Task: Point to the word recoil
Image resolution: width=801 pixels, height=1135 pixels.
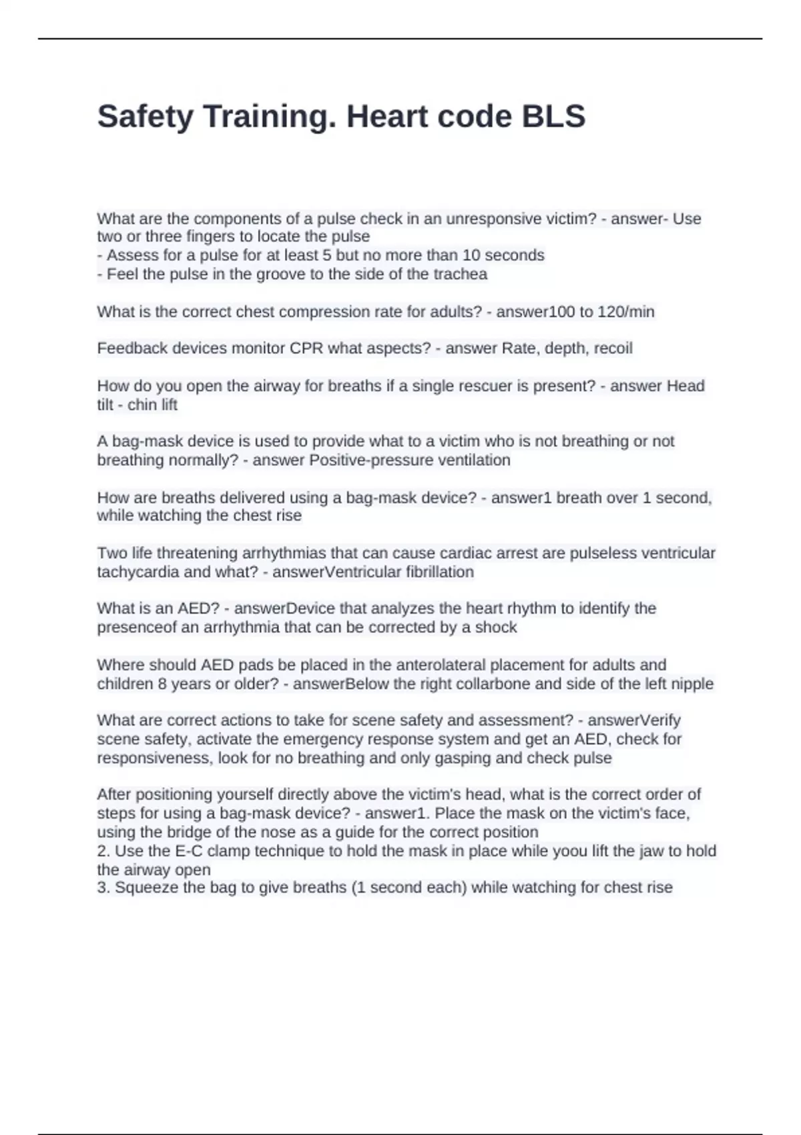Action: point(612,349)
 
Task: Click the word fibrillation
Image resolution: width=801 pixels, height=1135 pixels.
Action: point(440,572)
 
